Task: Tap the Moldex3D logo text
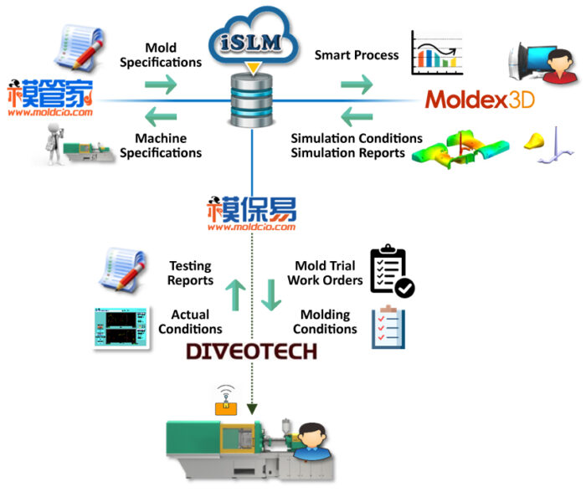480,101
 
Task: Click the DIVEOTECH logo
251,351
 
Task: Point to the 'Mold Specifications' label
161,55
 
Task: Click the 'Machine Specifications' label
161,146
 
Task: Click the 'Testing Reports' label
190,274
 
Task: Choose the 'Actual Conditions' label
190,322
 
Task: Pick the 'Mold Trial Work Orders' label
325,274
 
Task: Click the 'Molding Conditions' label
325,322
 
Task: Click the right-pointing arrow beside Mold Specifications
161,85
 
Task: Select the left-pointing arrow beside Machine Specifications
161,115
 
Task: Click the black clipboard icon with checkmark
391,270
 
